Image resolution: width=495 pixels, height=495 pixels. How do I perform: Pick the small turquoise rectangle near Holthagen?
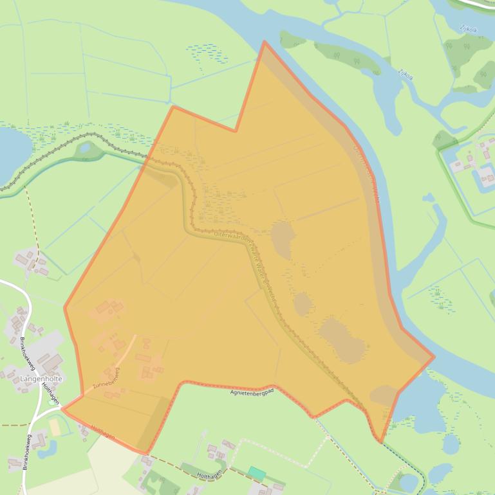(257, 473)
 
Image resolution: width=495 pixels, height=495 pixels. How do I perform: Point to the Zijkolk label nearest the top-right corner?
(468, 29)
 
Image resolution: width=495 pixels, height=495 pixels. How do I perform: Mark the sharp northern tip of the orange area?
(264, 42)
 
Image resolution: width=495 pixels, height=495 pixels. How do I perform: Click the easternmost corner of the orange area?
(434, 356)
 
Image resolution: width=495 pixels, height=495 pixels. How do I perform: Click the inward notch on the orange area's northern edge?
(236, 130)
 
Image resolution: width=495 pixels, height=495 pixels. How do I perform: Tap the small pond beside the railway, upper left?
(84, 148)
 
